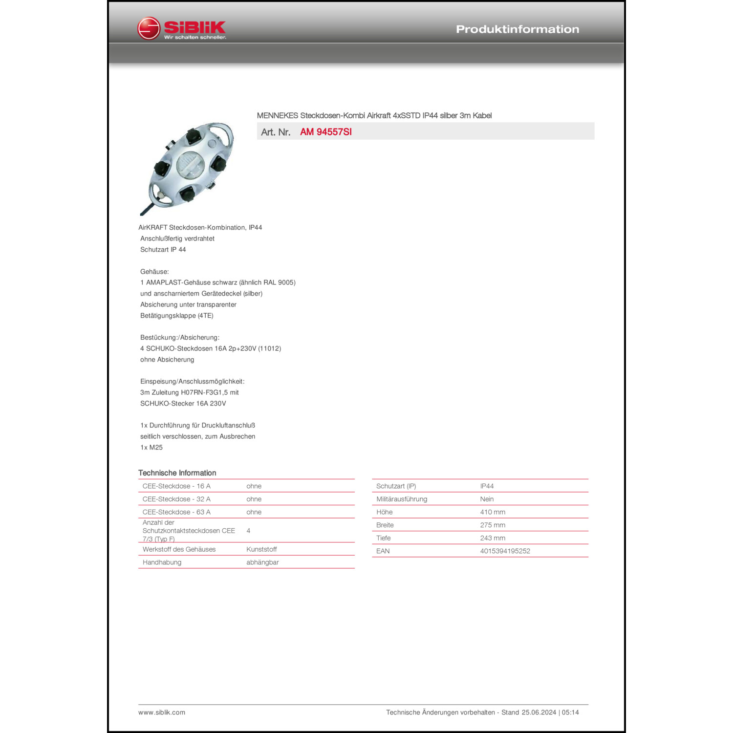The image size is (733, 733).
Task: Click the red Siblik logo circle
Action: [149, 28]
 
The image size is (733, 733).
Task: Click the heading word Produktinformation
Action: [517, 29]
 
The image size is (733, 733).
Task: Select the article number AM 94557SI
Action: [326, 132]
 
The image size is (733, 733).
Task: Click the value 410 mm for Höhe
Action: [493, 512]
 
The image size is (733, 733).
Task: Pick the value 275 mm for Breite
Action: [493, 525]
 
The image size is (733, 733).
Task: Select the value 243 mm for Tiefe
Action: [493, 538]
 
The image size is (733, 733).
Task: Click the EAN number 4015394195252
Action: [505, 551]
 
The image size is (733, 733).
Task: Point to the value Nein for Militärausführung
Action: [487, 499]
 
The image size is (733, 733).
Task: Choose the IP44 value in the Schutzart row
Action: [487, 486]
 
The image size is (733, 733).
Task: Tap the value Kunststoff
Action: [261, 549]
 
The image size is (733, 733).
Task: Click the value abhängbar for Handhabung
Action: [262, 562]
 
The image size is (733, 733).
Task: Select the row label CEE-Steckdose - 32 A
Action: [176, 499]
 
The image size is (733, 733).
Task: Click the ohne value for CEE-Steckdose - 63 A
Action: [254, 512]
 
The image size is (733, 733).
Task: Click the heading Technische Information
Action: [177, 473]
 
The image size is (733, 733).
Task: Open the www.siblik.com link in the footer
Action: [162, 712]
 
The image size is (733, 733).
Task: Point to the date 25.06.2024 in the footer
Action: [539, 712]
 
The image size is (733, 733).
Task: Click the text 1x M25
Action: [151, 448]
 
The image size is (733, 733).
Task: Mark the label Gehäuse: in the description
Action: [154, 272]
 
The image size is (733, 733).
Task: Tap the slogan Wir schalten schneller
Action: [195, 37]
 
